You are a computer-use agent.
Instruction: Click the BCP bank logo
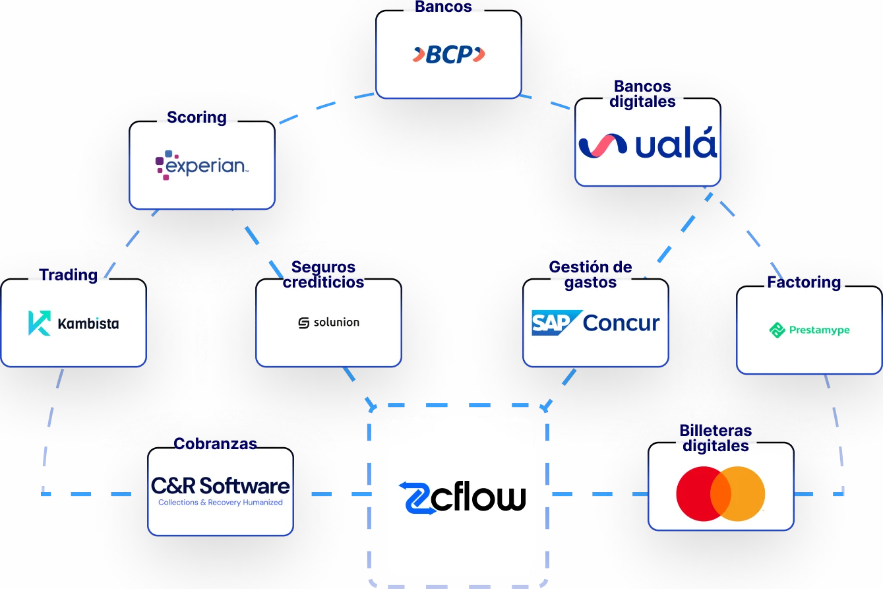[448, 55]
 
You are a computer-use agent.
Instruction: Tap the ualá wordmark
[676, 145]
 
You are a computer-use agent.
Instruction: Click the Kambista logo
[74, 323]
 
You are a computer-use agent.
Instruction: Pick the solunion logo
[329, 323]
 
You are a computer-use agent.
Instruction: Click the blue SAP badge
[556, 323]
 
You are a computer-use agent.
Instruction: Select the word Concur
[621, 323]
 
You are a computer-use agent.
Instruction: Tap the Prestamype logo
[809, 330]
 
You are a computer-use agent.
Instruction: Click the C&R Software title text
[220, 486]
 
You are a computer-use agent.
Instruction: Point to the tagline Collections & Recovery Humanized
[220, 503]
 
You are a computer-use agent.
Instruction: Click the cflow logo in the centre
[462, 497]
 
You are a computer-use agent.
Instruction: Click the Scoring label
[197, 117]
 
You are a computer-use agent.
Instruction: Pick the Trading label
[69, 275]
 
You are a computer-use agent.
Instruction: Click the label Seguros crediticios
[323, 275]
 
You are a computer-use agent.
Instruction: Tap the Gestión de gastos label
[590, 275]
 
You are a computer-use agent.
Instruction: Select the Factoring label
[803, 282]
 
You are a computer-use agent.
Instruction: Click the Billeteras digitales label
[716, 439]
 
